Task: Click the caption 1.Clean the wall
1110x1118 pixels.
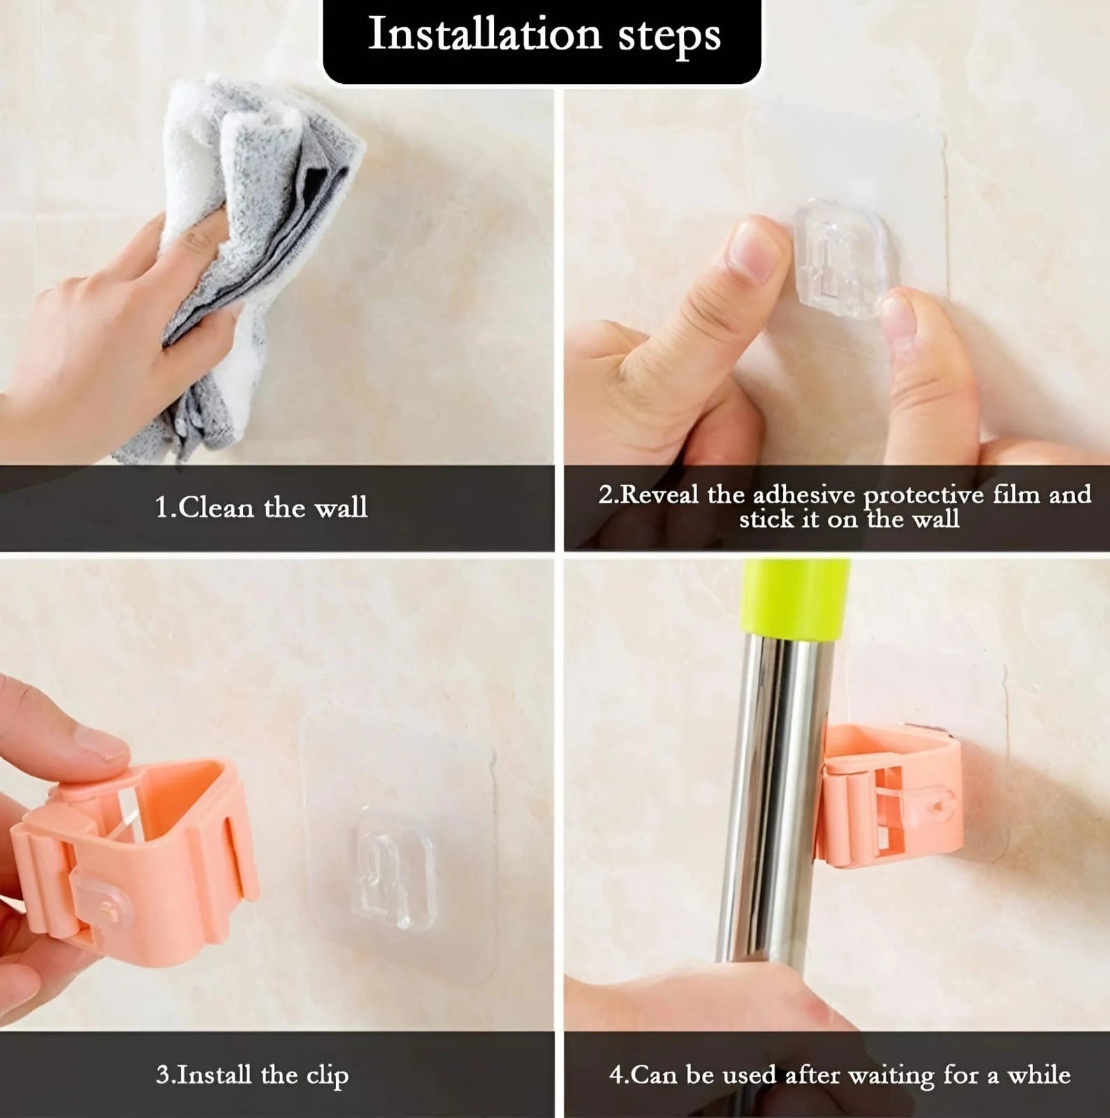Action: [x=261, y=507]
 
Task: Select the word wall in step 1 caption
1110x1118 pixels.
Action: [x=340, y=507]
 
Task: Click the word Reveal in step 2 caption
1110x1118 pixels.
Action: [x=659, y=495]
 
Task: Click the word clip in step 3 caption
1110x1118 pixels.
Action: [x=326, y=1076]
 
